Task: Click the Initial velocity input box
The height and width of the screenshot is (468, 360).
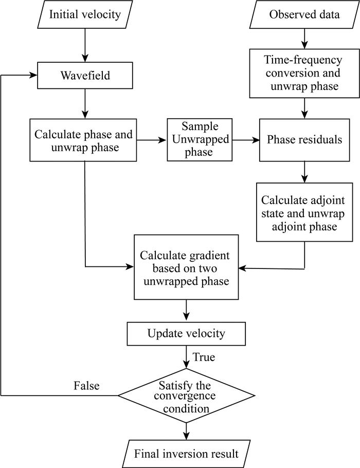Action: point(84,14)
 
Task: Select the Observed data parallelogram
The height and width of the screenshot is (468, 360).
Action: point(304,14)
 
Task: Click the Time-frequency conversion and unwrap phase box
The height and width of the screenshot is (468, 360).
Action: point(304,74)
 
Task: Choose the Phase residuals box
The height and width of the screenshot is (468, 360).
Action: point(304,139)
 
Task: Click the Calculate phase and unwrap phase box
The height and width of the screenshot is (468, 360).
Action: point(84,140)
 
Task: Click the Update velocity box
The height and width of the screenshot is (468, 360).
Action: point(186,334)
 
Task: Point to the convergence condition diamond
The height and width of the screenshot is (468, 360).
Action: point(186,395)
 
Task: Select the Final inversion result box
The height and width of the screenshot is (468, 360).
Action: point(186,454)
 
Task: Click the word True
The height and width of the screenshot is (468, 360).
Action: point(204,357)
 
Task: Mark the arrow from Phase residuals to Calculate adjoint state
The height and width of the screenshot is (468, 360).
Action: point(304,172)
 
